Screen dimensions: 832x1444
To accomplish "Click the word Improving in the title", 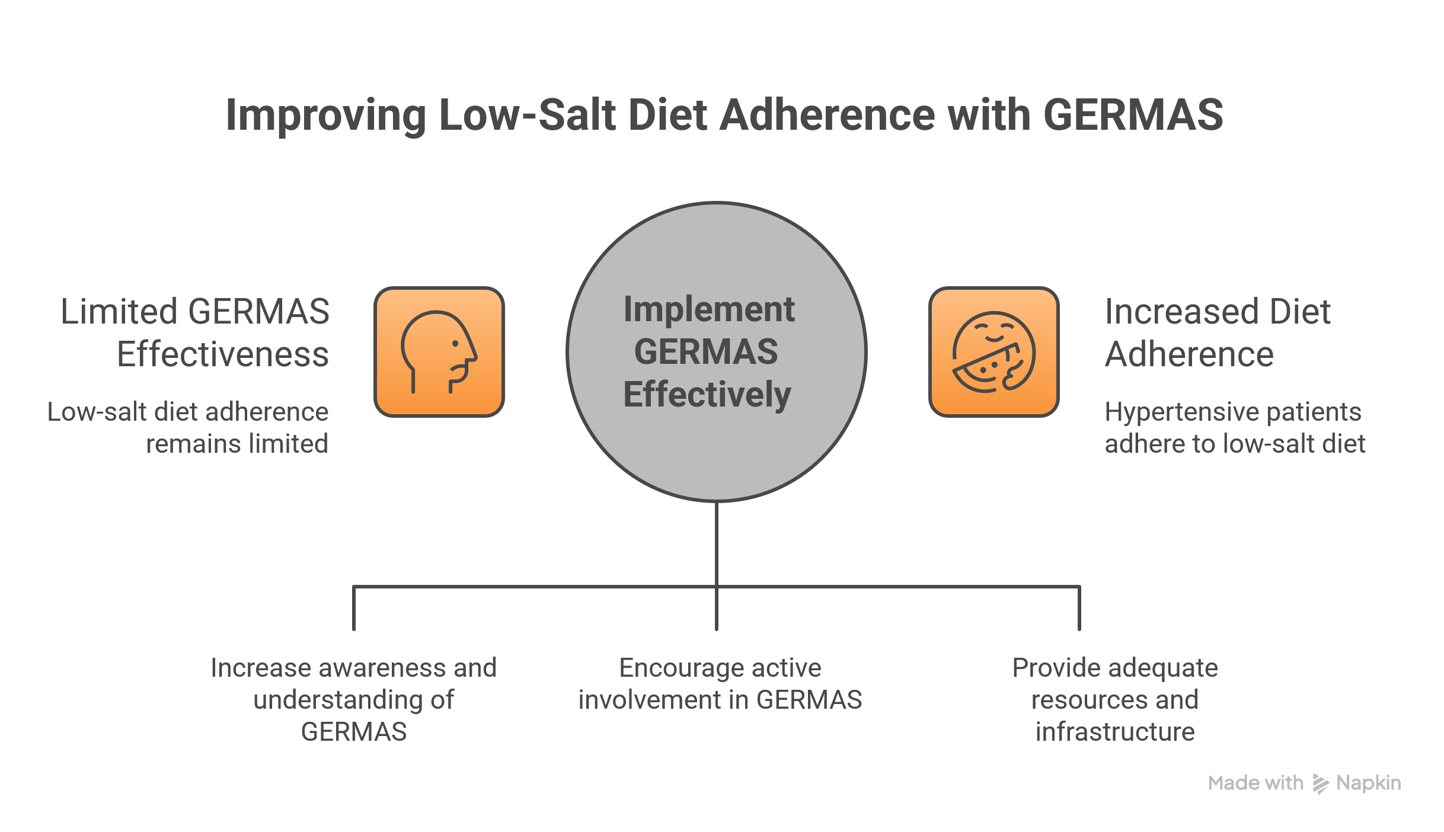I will coord(325,116).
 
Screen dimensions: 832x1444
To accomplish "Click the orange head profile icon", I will coord(439,352).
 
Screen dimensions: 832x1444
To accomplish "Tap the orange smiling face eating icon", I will coord(993,352).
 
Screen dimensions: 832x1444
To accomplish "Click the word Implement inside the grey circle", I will coord(709,309).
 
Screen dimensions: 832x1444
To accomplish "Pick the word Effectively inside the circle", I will coord(707,395).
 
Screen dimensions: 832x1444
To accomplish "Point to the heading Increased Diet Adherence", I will coord(1218,332).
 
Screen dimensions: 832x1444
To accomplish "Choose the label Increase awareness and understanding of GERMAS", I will coord(353,699).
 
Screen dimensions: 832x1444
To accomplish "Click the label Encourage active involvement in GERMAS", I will coord(720,683).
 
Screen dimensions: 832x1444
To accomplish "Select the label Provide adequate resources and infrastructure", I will coord(1114,699).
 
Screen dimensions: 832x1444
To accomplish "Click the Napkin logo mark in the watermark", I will coord(1320,783).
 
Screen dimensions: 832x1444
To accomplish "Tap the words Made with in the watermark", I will coord(1255,783).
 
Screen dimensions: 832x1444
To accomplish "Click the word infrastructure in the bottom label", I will coord(1114,731).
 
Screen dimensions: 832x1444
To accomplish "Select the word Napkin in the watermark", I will coord(1368,783).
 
